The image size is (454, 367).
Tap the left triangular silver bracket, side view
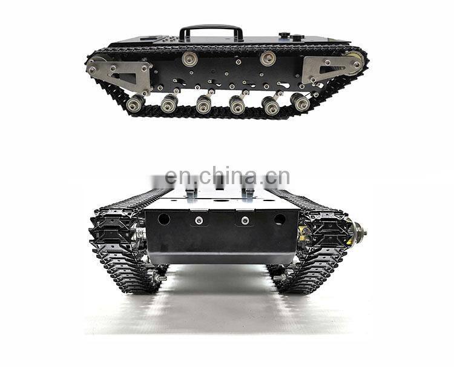(x=123, y=73)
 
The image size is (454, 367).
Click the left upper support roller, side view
(x=189, y=59)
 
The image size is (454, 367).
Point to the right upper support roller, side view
(x=268, y=58)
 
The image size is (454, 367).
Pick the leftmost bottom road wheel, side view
(x=134, y=104)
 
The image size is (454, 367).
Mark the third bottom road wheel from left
(x=204, y=105)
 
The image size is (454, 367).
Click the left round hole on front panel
(x=164, y=219)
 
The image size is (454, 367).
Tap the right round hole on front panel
(x=279, y=219)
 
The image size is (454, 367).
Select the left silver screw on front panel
(x=199, y=220)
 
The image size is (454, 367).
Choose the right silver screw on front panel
(x=245, y=220)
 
